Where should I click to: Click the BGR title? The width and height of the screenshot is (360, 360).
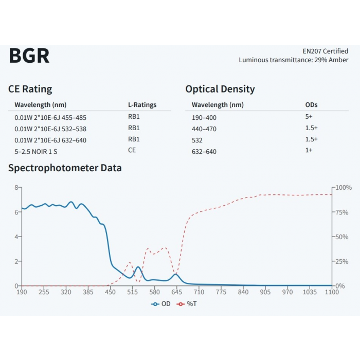point(29,56)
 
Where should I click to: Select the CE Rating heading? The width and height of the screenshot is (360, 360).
point(30,89)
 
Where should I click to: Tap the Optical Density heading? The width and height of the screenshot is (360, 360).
point(220,89)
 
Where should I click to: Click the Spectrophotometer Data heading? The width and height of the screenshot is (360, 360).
point(65,168)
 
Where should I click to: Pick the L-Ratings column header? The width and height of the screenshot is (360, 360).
point(142,105)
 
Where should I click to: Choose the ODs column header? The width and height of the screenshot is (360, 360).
point(312,105)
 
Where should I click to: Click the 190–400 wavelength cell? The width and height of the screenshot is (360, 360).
point(204,117)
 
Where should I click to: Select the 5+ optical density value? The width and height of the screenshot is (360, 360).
point(309,117)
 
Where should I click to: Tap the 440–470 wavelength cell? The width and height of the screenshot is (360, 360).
point(204,129)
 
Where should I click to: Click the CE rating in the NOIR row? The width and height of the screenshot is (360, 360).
point(132,150)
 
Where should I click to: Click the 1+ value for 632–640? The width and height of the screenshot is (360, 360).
point(309,151)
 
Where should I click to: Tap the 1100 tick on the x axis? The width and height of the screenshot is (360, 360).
point(332,292)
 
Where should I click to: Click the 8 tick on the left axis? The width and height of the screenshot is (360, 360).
point(16,187)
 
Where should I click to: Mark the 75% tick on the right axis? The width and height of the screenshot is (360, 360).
point(343,212)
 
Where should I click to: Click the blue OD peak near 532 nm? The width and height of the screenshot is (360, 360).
point(138,267)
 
